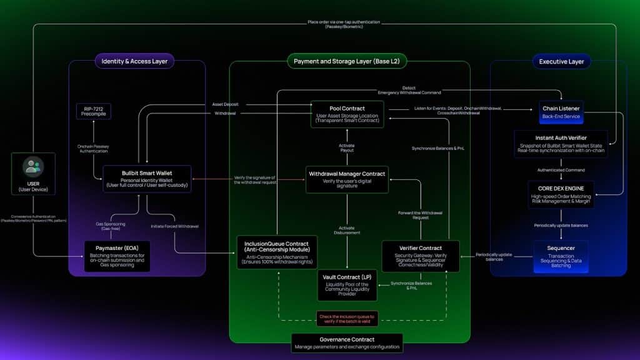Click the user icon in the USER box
(x=33, y=167)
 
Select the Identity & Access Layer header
(x=134, y=61)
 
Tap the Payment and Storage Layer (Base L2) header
(x=347, y=61)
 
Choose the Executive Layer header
(x=561, y=61)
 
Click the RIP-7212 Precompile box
(x=93, y=111)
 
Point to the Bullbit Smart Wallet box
(x=147, y=178)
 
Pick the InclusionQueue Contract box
(x=277, y=252)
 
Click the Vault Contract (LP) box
(x=347, y=284)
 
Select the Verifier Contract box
(x=421, y=256)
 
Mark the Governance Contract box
(x=347, y=342)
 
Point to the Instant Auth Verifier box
(x=561, y=144)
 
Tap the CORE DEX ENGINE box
(x=561, y=194)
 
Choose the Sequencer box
(x=561, y=256)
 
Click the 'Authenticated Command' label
(x=561, y=169)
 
